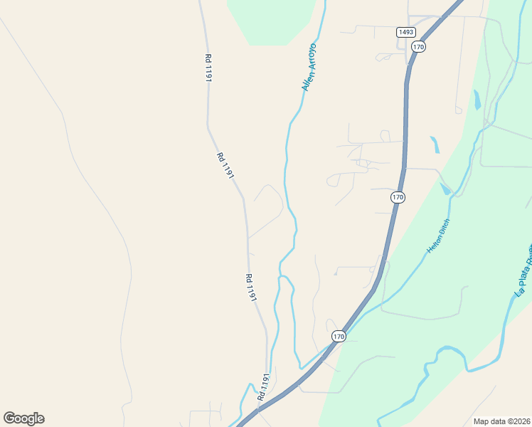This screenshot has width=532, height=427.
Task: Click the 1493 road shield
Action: (x=406, y=32)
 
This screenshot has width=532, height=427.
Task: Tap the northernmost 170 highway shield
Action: (x=418, y=47)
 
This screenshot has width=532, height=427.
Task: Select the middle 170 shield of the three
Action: (x=398, y=196)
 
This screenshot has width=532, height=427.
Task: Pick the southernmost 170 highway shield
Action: (x=339, y=336)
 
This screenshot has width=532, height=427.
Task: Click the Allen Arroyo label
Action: (x=309, y=67)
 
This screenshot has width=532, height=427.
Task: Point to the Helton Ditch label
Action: (x=439, y=237)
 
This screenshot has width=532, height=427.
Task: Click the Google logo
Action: (x=24, y=418)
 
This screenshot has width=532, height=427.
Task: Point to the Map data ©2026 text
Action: (x=502, y=421)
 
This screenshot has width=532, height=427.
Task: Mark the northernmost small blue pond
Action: (x=477, y=100)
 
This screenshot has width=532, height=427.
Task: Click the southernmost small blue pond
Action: (x=446, y=189)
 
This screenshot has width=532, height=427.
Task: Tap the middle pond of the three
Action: (x=435, y=144)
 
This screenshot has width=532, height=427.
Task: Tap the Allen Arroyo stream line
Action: (x=287, y=164)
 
